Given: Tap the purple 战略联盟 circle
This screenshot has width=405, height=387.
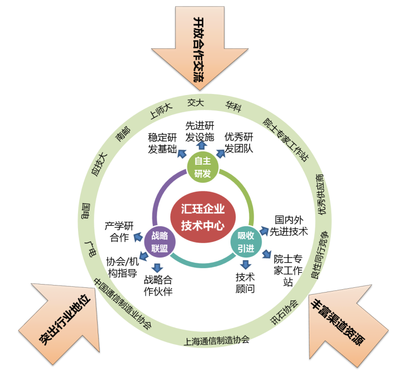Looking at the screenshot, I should tap(159, 242).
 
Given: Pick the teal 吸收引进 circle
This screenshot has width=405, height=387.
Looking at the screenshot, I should tap(246, 242).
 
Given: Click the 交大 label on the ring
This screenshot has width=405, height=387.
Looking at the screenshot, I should tap(195, 102).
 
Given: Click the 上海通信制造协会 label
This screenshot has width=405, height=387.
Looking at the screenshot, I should tap(217, 340).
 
